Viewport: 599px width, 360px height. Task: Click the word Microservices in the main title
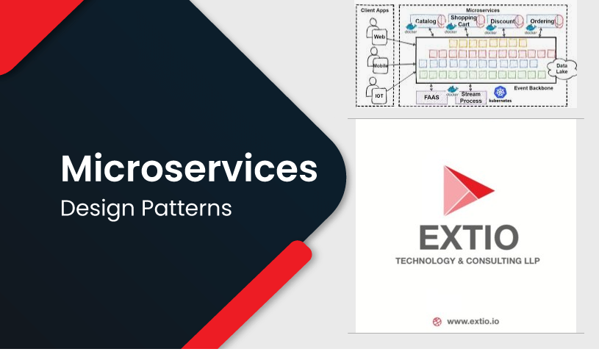pos(189,169)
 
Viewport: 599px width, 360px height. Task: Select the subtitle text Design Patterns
pos(146,208)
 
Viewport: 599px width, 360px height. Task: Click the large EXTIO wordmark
pos(468,237)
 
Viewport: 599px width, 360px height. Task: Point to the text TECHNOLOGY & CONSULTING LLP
pos(468,261)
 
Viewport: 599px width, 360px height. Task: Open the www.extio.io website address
pos(478,321)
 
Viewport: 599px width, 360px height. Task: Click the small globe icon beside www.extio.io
pos(437,321)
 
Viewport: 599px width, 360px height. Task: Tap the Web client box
pos(379,37)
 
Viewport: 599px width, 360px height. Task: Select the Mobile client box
pos(379,65)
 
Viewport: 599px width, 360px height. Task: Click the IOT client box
pos(379,96)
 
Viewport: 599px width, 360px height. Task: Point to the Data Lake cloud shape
pos(562,67)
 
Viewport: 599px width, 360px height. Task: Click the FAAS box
pos(430,97)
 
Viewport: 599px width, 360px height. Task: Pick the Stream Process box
pos(470,97)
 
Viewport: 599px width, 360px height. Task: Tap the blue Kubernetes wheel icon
pos(502,91)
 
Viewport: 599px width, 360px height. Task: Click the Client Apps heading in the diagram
pos(374,10)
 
